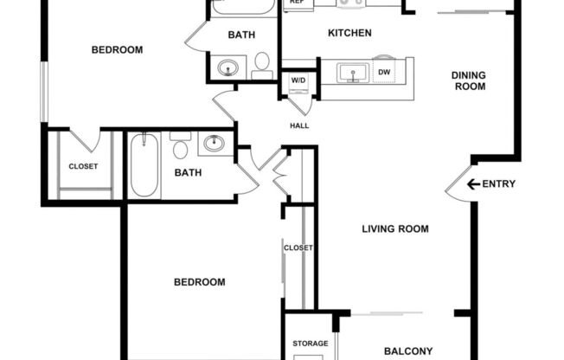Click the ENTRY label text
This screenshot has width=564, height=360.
499,183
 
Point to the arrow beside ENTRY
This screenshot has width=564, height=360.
472,183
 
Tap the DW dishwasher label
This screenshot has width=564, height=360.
384,73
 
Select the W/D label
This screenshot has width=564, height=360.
298,80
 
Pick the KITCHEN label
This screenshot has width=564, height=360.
349,34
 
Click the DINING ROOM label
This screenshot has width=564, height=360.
468,80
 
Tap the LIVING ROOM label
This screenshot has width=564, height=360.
395,229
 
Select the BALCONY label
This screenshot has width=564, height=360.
407,350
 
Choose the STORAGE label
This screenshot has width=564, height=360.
310,344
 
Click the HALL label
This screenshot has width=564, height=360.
299,125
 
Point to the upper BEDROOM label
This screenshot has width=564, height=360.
117,50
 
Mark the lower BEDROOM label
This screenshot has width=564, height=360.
200,282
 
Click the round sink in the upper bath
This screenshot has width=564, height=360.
228,67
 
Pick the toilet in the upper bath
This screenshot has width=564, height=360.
261,62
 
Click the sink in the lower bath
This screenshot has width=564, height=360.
215,143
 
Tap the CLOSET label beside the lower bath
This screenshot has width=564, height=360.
83,166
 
